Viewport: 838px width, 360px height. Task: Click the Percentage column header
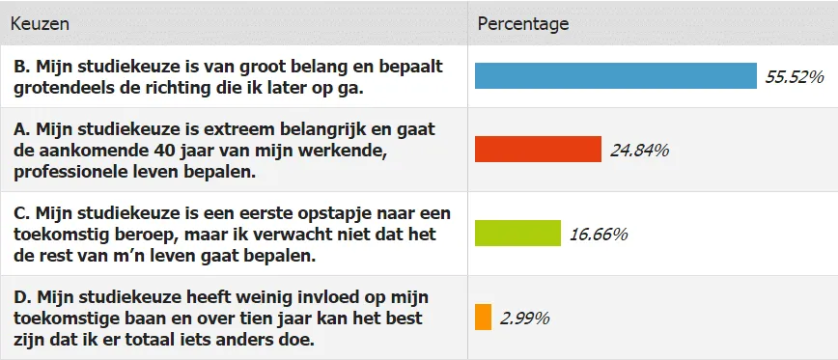tap(523, 23)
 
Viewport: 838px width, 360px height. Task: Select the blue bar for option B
tap(615, 76)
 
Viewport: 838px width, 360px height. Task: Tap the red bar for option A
tap(538, 150)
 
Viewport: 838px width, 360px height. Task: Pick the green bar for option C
tap(517, 234)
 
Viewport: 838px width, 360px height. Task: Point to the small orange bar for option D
tap(483, 317)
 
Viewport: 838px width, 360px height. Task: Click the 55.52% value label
tap(794, 76)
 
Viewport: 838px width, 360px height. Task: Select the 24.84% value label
tap(639, 150)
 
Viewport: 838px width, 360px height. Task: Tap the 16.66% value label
tap(599, 234)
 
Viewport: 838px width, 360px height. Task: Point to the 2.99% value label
tap(524, 317)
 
